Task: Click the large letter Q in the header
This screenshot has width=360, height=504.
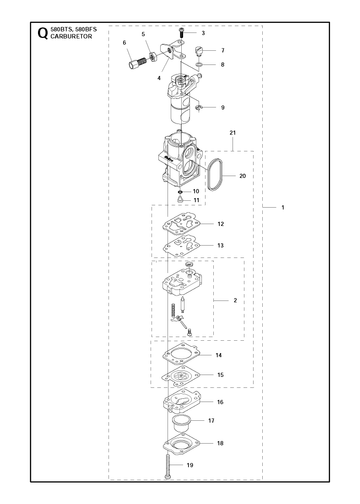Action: pos(42,33)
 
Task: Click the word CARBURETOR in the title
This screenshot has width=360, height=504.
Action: pos(71,36)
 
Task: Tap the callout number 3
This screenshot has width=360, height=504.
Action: pos(203,33)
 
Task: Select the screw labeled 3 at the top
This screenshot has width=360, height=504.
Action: pos(181,33)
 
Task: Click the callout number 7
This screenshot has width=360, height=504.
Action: pos(223,50)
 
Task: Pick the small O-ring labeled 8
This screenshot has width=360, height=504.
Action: pos(199,64)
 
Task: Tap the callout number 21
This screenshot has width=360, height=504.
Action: pos(233,133)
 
